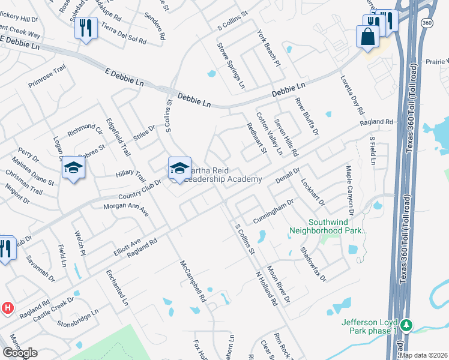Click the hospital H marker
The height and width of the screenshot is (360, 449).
click(7, 308)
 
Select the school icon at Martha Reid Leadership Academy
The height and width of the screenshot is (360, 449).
click(179, 169)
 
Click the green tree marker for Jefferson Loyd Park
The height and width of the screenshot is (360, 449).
click(406, 326)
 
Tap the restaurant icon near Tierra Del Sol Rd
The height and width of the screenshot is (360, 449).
click(85, 28)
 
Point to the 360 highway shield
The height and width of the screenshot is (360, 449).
click(427, 23)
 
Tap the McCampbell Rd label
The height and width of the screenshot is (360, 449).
click(193, 281)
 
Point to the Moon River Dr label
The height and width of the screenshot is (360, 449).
click(278, 284)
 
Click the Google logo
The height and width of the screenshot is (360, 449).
click(20, 353)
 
